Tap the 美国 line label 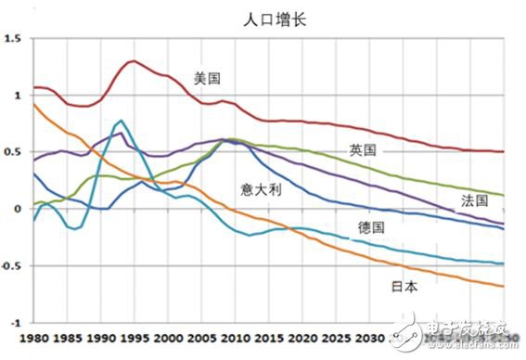coord(208,79)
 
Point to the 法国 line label coord(475,200)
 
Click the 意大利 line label coord(259,189)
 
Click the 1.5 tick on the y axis coord(12,39)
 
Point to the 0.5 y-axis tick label coord(12,152)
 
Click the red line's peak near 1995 coord(133,61)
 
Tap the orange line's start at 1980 coord(33,104)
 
